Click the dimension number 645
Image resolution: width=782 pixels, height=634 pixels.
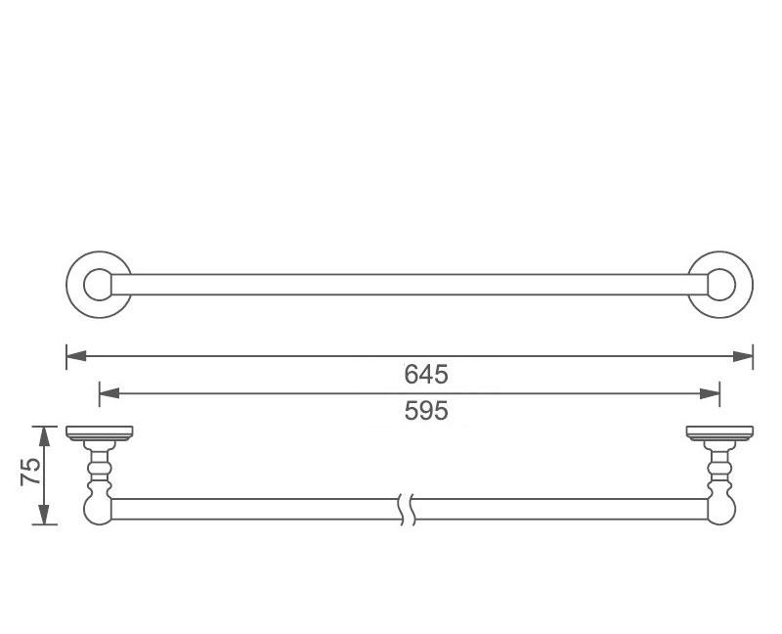[x=425, y=374]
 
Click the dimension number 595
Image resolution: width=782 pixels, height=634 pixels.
[x=425, y=411]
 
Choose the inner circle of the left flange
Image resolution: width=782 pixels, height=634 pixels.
[x=98, y=285]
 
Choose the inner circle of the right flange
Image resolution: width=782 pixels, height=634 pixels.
[x=721, y=285]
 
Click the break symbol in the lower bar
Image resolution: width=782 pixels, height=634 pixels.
[x=409, y=509]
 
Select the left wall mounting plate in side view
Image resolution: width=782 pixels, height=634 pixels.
[x=99, y=432]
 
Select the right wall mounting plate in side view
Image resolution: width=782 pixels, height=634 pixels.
[x=719, y=432]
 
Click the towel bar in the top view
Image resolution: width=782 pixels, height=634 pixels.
[x=411, y=285]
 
